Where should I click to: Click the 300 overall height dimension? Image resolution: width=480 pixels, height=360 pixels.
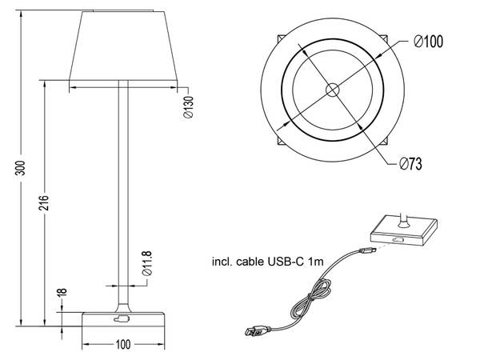coord(22,167)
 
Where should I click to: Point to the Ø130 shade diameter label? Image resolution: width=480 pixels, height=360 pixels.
coord(186,107)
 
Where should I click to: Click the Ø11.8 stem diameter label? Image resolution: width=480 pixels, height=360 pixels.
coord(147,264)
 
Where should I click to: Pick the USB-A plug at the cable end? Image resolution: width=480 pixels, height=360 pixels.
coord(257,329)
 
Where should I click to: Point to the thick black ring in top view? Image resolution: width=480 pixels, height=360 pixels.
coord(283,90)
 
